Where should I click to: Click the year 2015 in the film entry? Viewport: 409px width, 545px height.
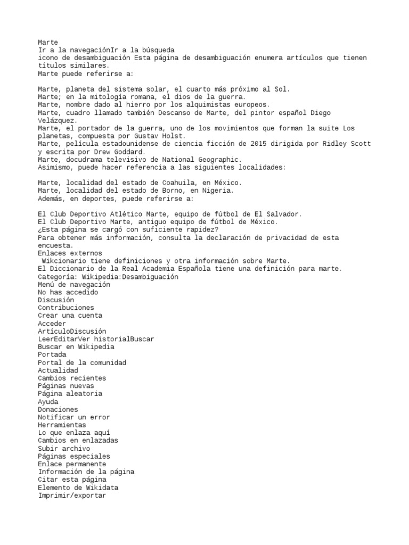pos(249,144)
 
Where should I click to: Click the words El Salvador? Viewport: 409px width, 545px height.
pos(278,214)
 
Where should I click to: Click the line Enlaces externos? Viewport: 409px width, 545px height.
pos(70,253)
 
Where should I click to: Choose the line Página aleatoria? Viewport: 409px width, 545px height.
pos(70,394)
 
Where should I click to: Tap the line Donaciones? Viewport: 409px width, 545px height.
pos(58,410)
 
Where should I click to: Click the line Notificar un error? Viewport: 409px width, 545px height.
pos(73,417)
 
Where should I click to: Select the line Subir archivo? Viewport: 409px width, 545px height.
pos(64,449)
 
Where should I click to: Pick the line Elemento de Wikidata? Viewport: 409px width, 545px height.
pos(78,488)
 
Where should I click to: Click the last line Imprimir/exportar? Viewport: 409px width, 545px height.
pos(72,496)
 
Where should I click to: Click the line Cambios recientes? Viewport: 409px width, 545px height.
pos(72,378)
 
